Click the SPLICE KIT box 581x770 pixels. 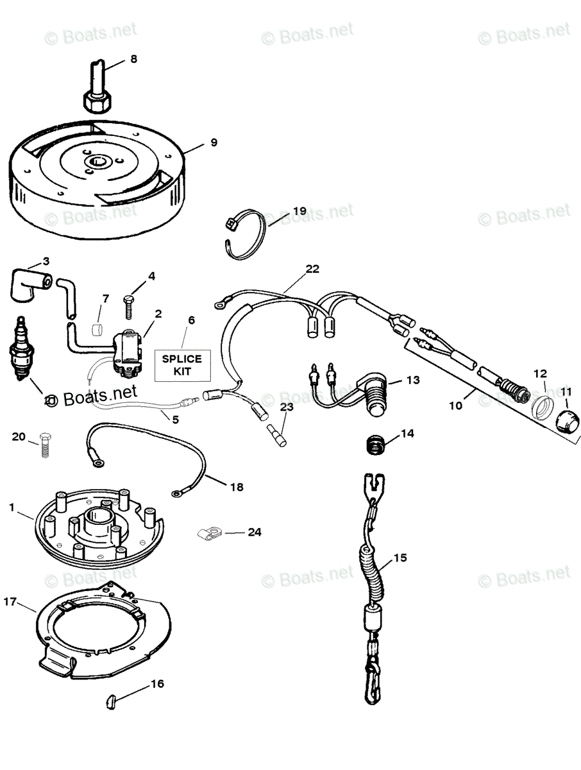click(181, 364)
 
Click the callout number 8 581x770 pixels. click(133, 59)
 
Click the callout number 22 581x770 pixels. click(312, 269)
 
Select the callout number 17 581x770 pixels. click(10, 602)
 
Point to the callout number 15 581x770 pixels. click(400, 558)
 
